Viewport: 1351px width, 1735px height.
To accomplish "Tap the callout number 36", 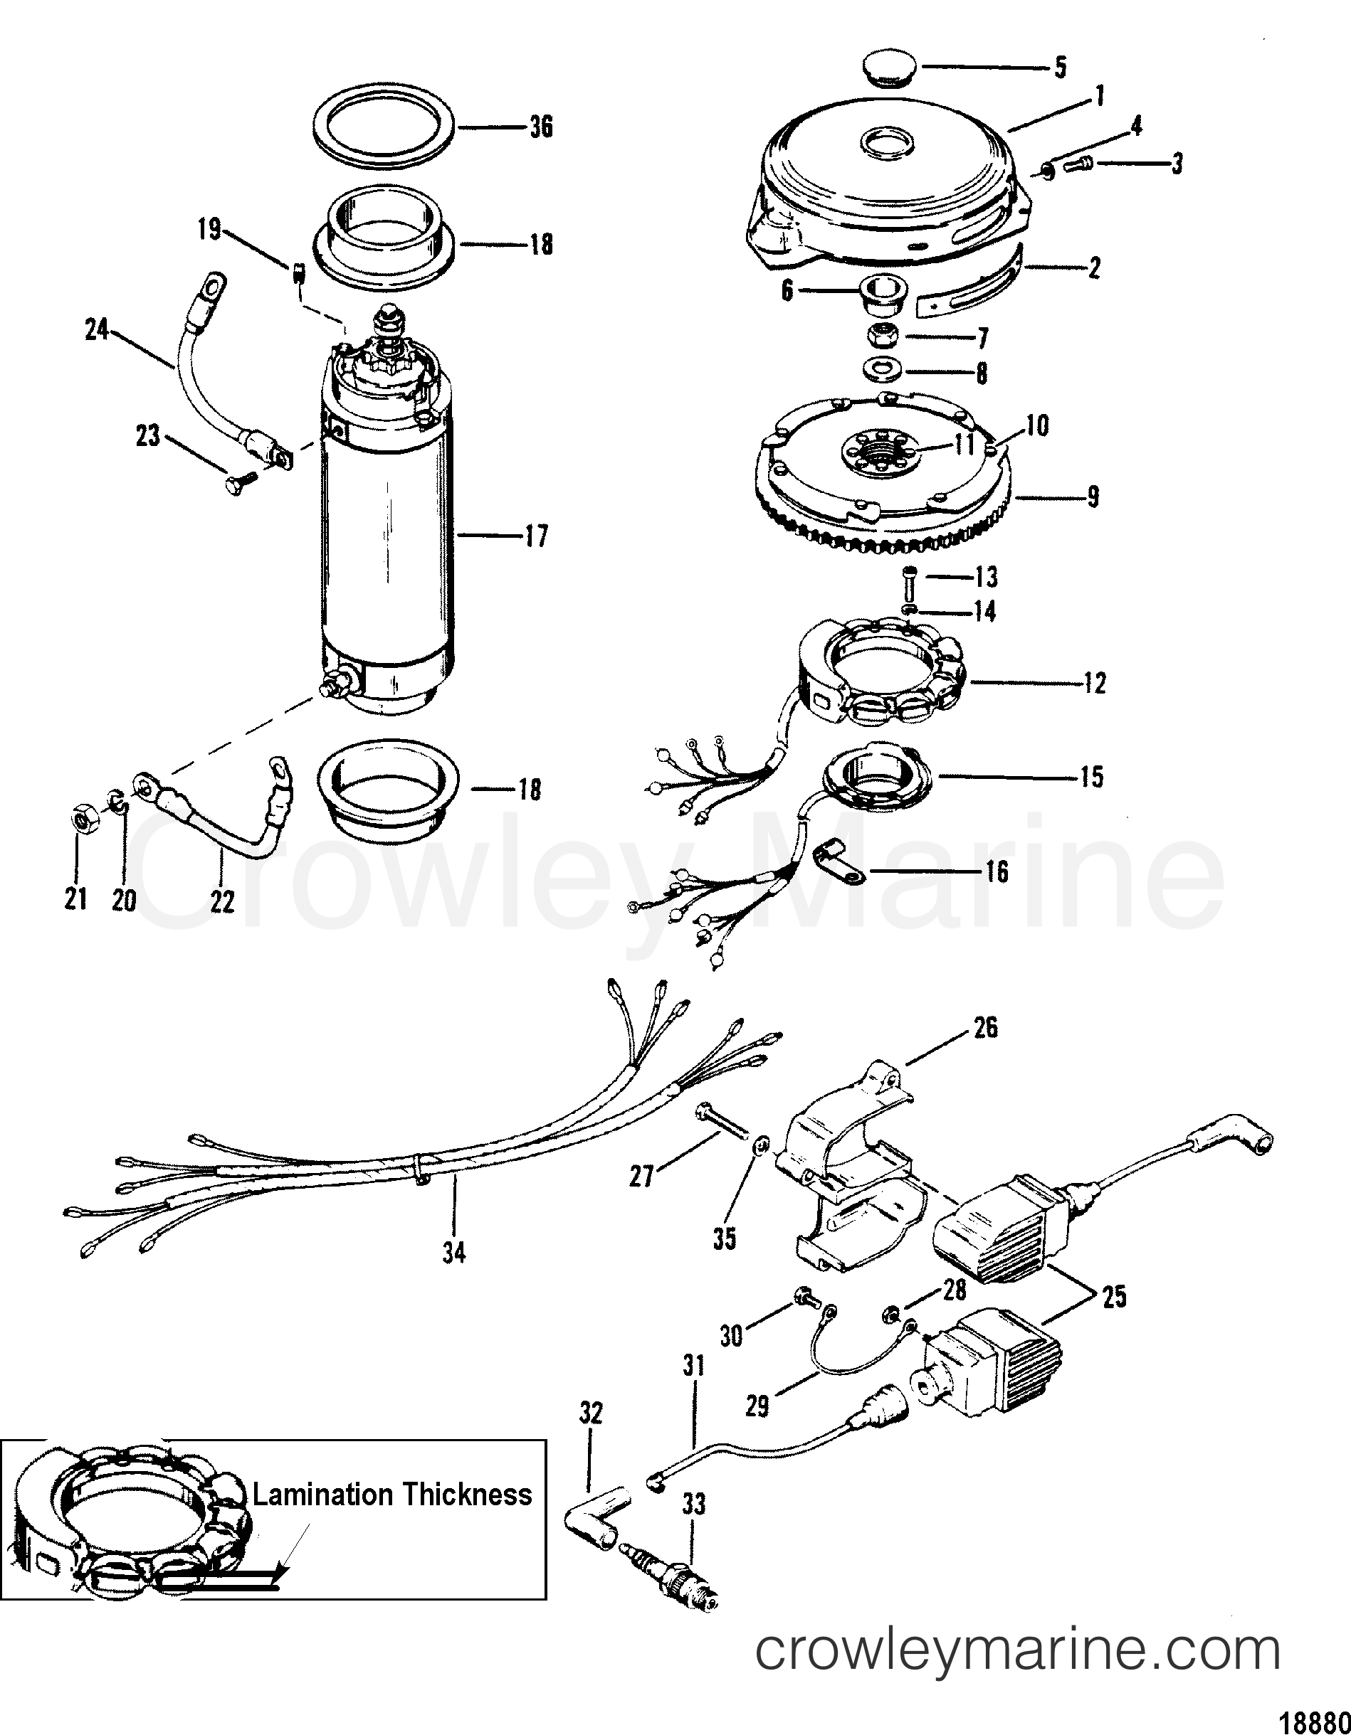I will click(541, 127).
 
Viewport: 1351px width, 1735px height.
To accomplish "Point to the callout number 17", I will click(537, 536).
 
